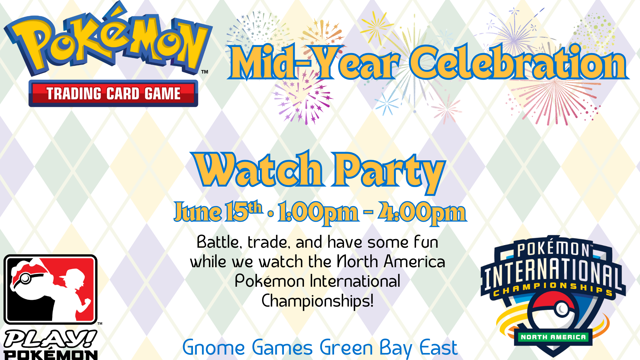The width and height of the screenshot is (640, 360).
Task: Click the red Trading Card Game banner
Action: pos(113,93)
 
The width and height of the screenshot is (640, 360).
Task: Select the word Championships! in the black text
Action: pos(317,301)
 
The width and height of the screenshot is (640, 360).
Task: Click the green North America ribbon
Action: pos(553,337)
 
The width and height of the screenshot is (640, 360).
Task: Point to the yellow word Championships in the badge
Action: pos(553,288)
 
